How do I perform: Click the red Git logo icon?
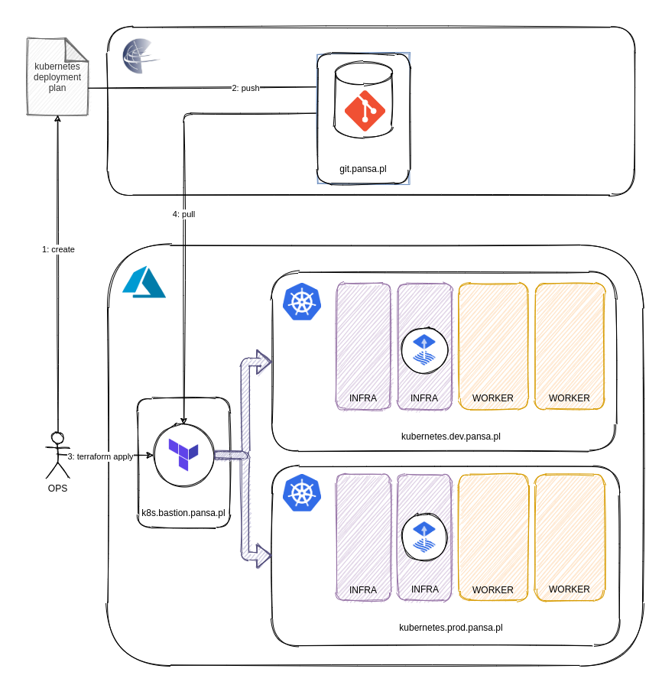365,111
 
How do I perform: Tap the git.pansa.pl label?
364,168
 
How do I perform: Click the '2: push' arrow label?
245,88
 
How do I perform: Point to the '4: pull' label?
183,214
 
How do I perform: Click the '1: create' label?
58,249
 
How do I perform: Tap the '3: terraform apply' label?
101,456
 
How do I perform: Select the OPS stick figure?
57,455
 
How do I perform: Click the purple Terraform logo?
183,456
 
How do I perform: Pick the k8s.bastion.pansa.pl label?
183,513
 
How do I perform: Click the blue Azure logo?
144,282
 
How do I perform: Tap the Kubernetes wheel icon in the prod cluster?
302,492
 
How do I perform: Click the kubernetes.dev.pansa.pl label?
450,437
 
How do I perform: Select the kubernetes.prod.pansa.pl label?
450,628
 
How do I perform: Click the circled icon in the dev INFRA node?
424,351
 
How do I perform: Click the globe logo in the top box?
141,56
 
